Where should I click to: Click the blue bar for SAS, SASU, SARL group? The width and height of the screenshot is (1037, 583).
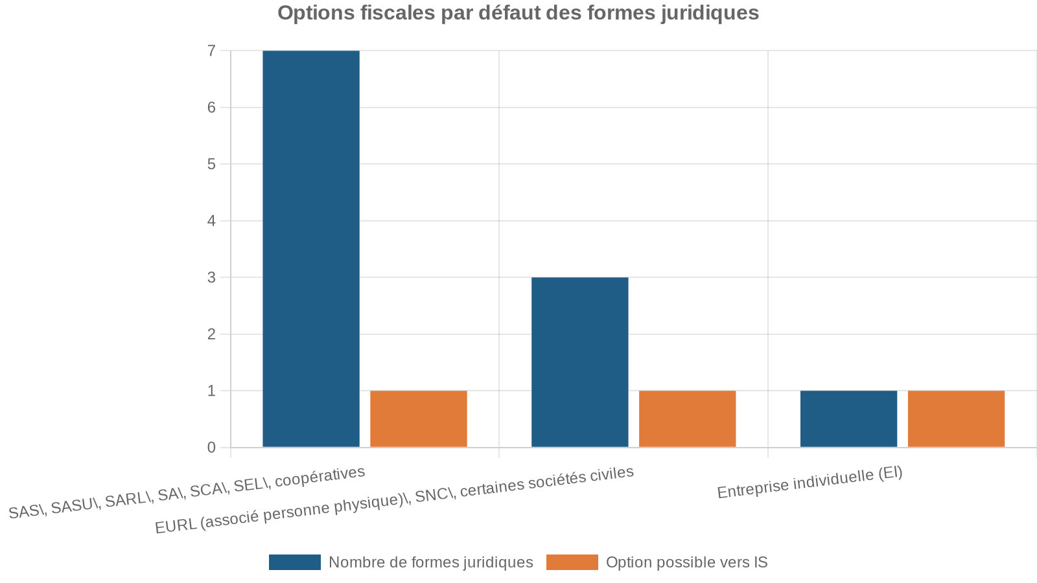311,249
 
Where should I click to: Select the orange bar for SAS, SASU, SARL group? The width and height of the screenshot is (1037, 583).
419,419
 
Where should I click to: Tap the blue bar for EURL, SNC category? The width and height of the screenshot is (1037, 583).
580,362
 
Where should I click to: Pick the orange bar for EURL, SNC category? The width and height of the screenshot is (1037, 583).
688,419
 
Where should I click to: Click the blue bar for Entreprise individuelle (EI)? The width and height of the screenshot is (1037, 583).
849,419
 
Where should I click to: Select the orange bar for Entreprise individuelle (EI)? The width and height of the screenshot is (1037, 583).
957,419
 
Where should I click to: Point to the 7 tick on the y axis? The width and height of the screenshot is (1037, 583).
211,51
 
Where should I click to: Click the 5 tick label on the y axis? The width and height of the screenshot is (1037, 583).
211,165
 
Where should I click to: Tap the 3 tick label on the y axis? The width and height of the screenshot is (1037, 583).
211,278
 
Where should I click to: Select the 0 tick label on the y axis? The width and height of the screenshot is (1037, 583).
211,448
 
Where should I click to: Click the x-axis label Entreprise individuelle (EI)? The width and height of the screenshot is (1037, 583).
810,483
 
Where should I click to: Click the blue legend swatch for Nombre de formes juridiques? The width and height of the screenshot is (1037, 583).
295,562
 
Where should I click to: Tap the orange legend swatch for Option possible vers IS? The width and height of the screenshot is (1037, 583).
572,562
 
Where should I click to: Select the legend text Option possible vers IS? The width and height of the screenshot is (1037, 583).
686,562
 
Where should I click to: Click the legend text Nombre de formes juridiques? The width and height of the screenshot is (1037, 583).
430,562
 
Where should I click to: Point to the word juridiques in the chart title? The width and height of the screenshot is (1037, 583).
710,13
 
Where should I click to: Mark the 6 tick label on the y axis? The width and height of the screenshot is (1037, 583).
211,108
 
